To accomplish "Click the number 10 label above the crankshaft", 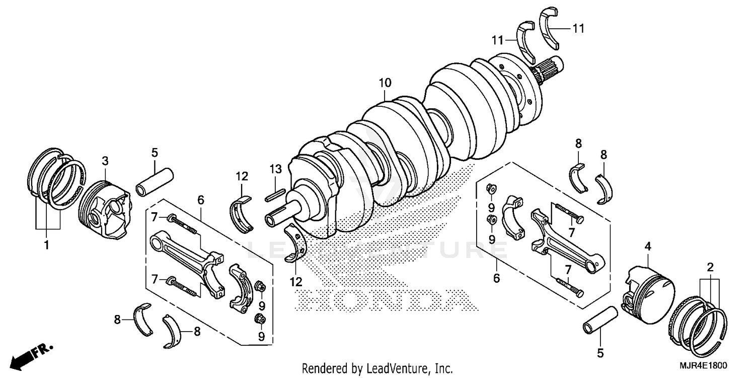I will pos(385,82).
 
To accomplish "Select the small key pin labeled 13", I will pos(276,194).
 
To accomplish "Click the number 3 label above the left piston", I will pos(105,161).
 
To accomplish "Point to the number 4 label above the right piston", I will pos(648,246).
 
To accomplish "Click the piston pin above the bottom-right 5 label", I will pos(600,321).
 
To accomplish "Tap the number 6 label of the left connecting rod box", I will pos(201,200).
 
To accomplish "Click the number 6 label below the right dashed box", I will pos(496,278).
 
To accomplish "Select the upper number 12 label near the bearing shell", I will pos(242,176).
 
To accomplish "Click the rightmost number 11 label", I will pos(578,29).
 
